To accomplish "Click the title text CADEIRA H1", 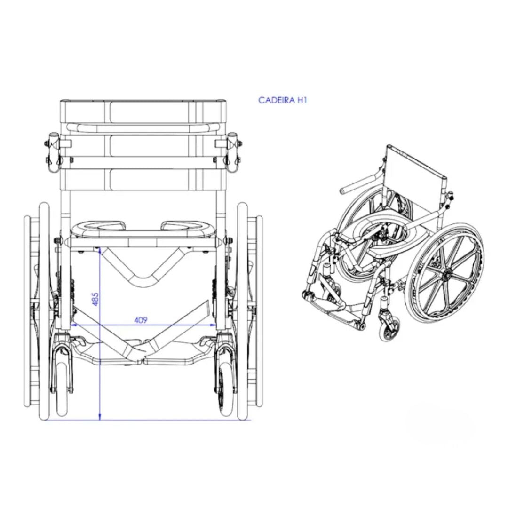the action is point(282,100).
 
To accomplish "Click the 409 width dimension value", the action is point(141,320).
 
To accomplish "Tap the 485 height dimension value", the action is point(95,299).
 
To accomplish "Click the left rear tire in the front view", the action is point(44,311).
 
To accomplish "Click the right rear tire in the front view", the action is point(243,311).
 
